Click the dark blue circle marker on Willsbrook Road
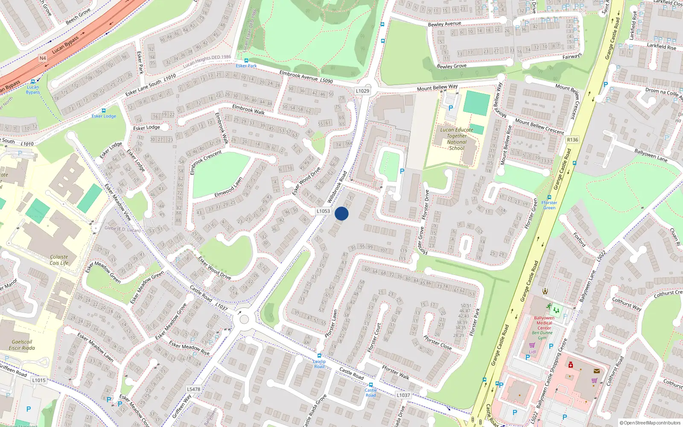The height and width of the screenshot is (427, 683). click(x=341, y=213)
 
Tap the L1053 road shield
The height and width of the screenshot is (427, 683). click(x=323, y=211)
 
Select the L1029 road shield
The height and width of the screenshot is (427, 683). click(x=362, y=91)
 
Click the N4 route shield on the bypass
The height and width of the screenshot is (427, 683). click(x=43, y=58)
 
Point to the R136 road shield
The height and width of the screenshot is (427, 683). click(x=572, y=140)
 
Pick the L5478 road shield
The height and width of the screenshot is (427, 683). click(x=193, y=389)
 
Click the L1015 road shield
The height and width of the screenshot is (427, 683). click(x=38, y=380)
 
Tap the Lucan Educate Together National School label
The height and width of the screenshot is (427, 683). click(x=457, y=139)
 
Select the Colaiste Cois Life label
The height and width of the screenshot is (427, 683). click(x=59, y=260)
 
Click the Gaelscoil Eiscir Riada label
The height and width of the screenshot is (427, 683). click(x=22, y=345)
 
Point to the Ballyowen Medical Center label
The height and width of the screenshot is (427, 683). click(x=544, y=323)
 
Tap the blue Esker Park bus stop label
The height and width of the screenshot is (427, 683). click(x=246, y=66)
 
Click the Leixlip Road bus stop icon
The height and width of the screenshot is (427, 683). click(x=319, y=356)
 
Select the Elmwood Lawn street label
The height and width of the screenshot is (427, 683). click(x=228, y=187)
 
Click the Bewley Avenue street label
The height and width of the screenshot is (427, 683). click(x=444, y=24)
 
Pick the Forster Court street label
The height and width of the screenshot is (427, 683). click(x=374, y=338)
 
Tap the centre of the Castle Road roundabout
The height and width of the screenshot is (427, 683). click(x=244, y=319)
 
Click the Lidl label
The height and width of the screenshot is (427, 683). click(x=532, y=352)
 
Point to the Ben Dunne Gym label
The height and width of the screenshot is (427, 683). click(x=542, y=335)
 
